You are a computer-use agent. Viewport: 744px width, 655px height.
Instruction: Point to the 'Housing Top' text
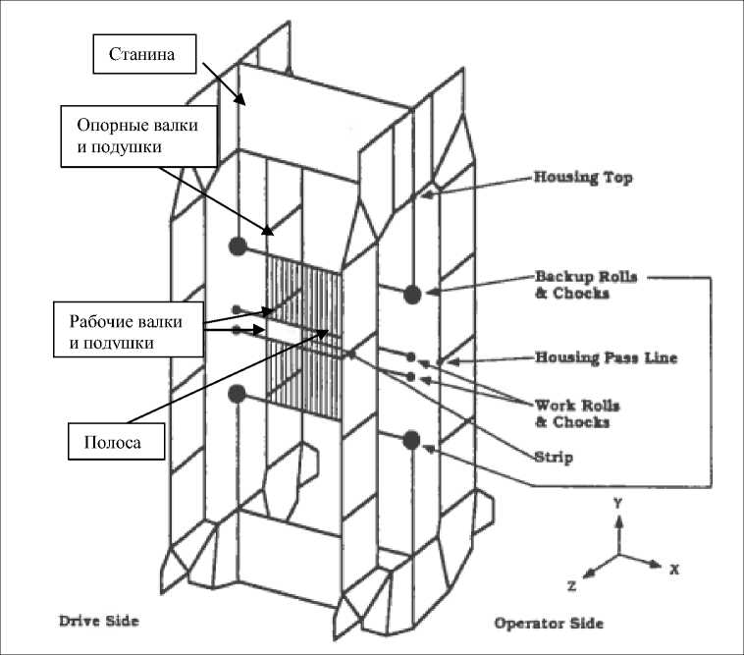[582, 179]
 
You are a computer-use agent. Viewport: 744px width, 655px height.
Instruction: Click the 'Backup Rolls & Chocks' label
[585, 285]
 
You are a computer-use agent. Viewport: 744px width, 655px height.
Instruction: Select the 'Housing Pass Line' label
[605, 358]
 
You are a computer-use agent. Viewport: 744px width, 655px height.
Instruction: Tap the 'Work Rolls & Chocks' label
[577, 413]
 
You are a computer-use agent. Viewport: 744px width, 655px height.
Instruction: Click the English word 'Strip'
[555, 457]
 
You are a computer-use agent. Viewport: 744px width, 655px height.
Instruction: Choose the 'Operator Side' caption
[549, 623]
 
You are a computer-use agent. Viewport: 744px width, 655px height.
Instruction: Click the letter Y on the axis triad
[618, 502]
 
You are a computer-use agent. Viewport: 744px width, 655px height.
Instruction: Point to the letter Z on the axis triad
[571, 584]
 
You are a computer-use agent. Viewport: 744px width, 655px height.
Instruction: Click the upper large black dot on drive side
[237, 246]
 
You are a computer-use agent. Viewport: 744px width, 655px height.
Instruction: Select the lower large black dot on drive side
[237, 394]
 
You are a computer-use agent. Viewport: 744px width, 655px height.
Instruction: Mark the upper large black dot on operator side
[412, 293]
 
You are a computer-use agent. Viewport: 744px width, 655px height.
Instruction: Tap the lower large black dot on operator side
[411, 440]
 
